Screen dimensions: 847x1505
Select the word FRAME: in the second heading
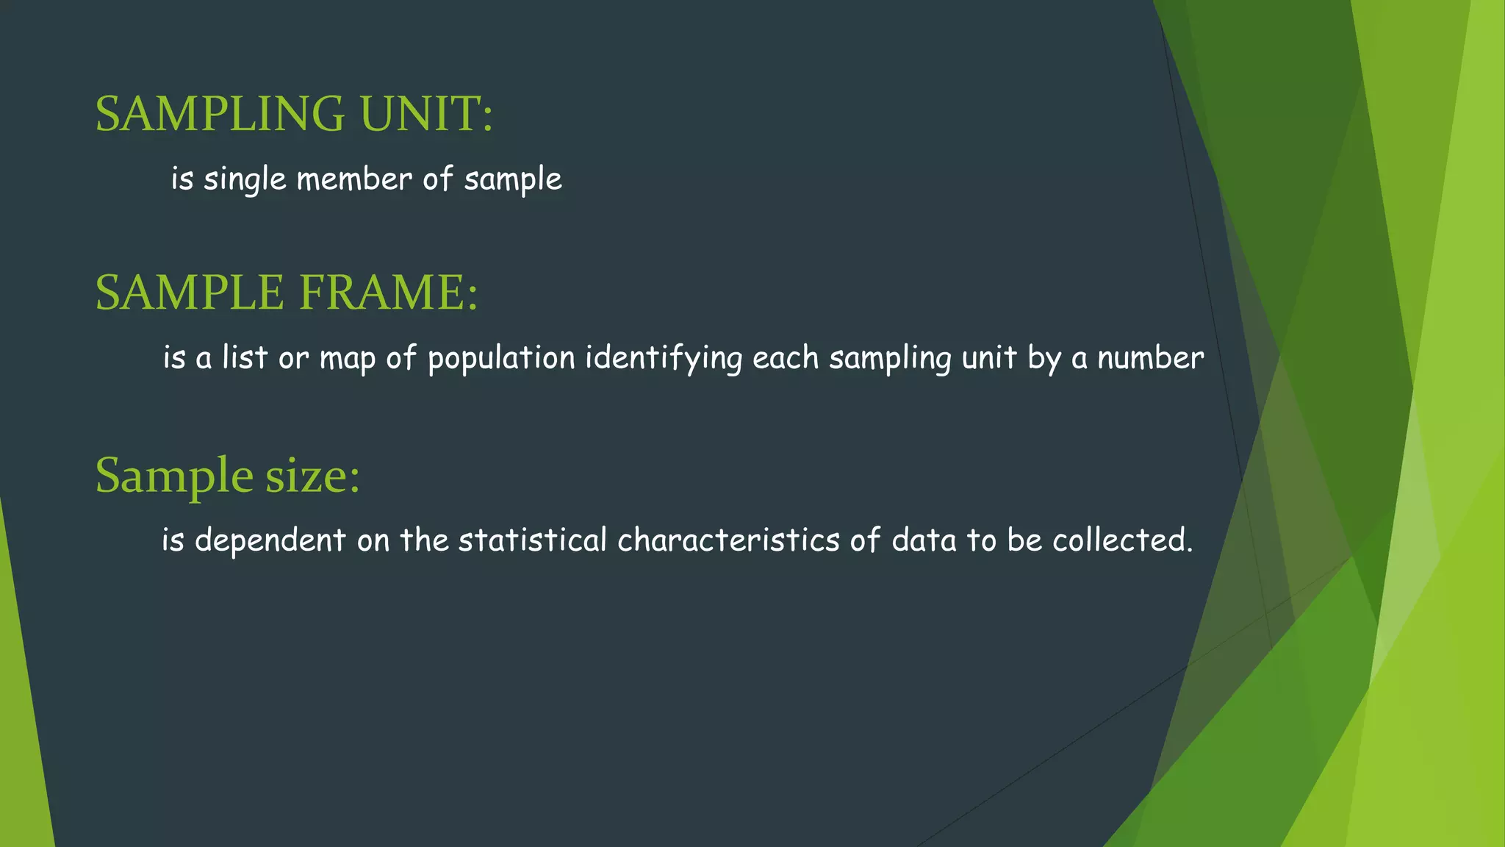(389, 293)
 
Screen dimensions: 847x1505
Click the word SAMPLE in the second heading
(190, 293)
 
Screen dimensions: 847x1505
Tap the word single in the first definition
(245, 179)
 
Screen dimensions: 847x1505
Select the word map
(347, 359)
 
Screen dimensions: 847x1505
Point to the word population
(501, 359)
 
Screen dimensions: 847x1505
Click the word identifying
(664, 359)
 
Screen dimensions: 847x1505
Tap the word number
(1150, 358)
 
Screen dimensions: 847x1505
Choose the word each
(785, 358)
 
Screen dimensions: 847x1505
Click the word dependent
(270, 540)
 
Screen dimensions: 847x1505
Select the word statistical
(532, 540)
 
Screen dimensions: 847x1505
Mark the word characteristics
(728, 540)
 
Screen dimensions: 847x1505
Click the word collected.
(1121, 540)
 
